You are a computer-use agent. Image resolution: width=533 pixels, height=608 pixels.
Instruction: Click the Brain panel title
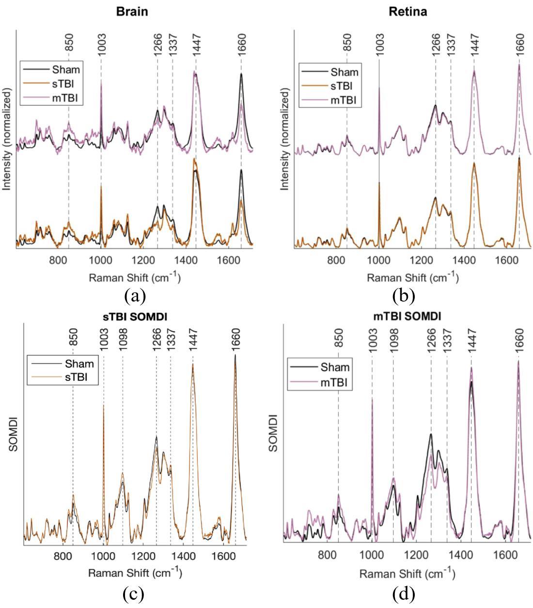(132, 12)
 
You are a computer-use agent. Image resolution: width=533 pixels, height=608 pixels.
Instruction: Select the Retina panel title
(408, 12)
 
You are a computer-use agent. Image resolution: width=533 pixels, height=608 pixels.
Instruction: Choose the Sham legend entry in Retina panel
(344, 73)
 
